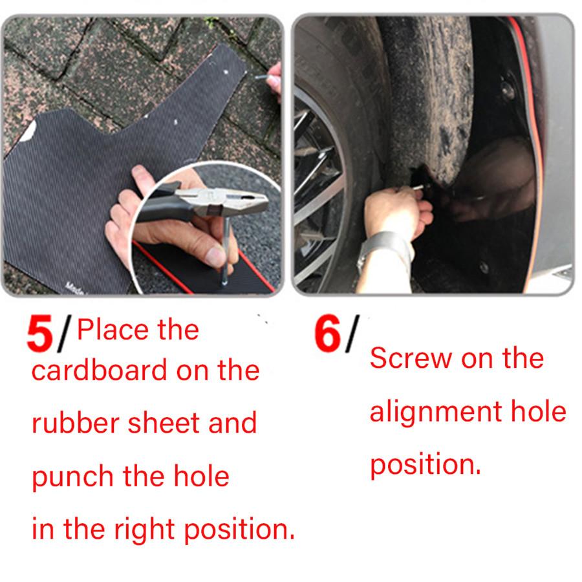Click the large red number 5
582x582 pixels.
[x=41, y=333]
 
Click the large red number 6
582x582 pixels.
[x=328, y=333]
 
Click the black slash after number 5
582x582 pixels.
[x=63, y=333]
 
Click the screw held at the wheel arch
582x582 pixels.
[x=420, y=188]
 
